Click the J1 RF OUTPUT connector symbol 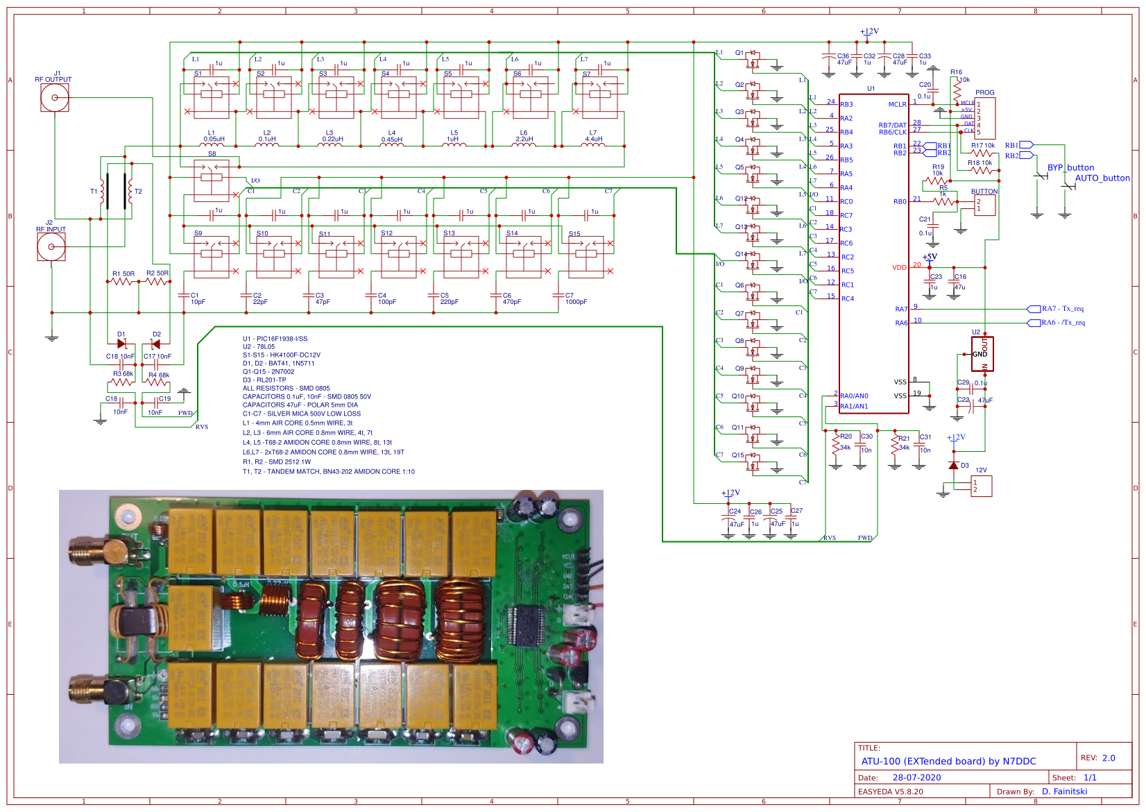pyautogui.click(x=55, y=98)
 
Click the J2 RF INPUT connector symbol pyautogui.click(x=51, y=247)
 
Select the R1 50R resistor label pyautogui.click(x=123, y=274)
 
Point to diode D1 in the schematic pyautogui.click(x=122, y=344)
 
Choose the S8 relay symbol pyautogui.click(x=212, y=177)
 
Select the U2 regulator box pyautogui.click(x=982, y=355)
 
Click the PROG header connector pyautogui.click(x=984, y=118)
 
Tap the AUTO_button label pyautogui.click(x=1102, y=178)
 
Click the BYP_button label pyautogui.click(x=1070, y=168)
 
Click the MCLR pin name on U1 pyautogui.click(x=897, y=105)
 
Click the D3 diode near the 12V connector pyautogui.click(x=954, y=465)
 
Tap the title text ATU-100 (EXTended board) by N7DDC pyautogui.click(x=948, y=761)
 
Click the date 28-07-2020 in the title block pyautogui.click(x=916, y=777)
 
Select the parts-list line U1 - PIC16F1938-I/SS pyautogui.click(x=275, y=339)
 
